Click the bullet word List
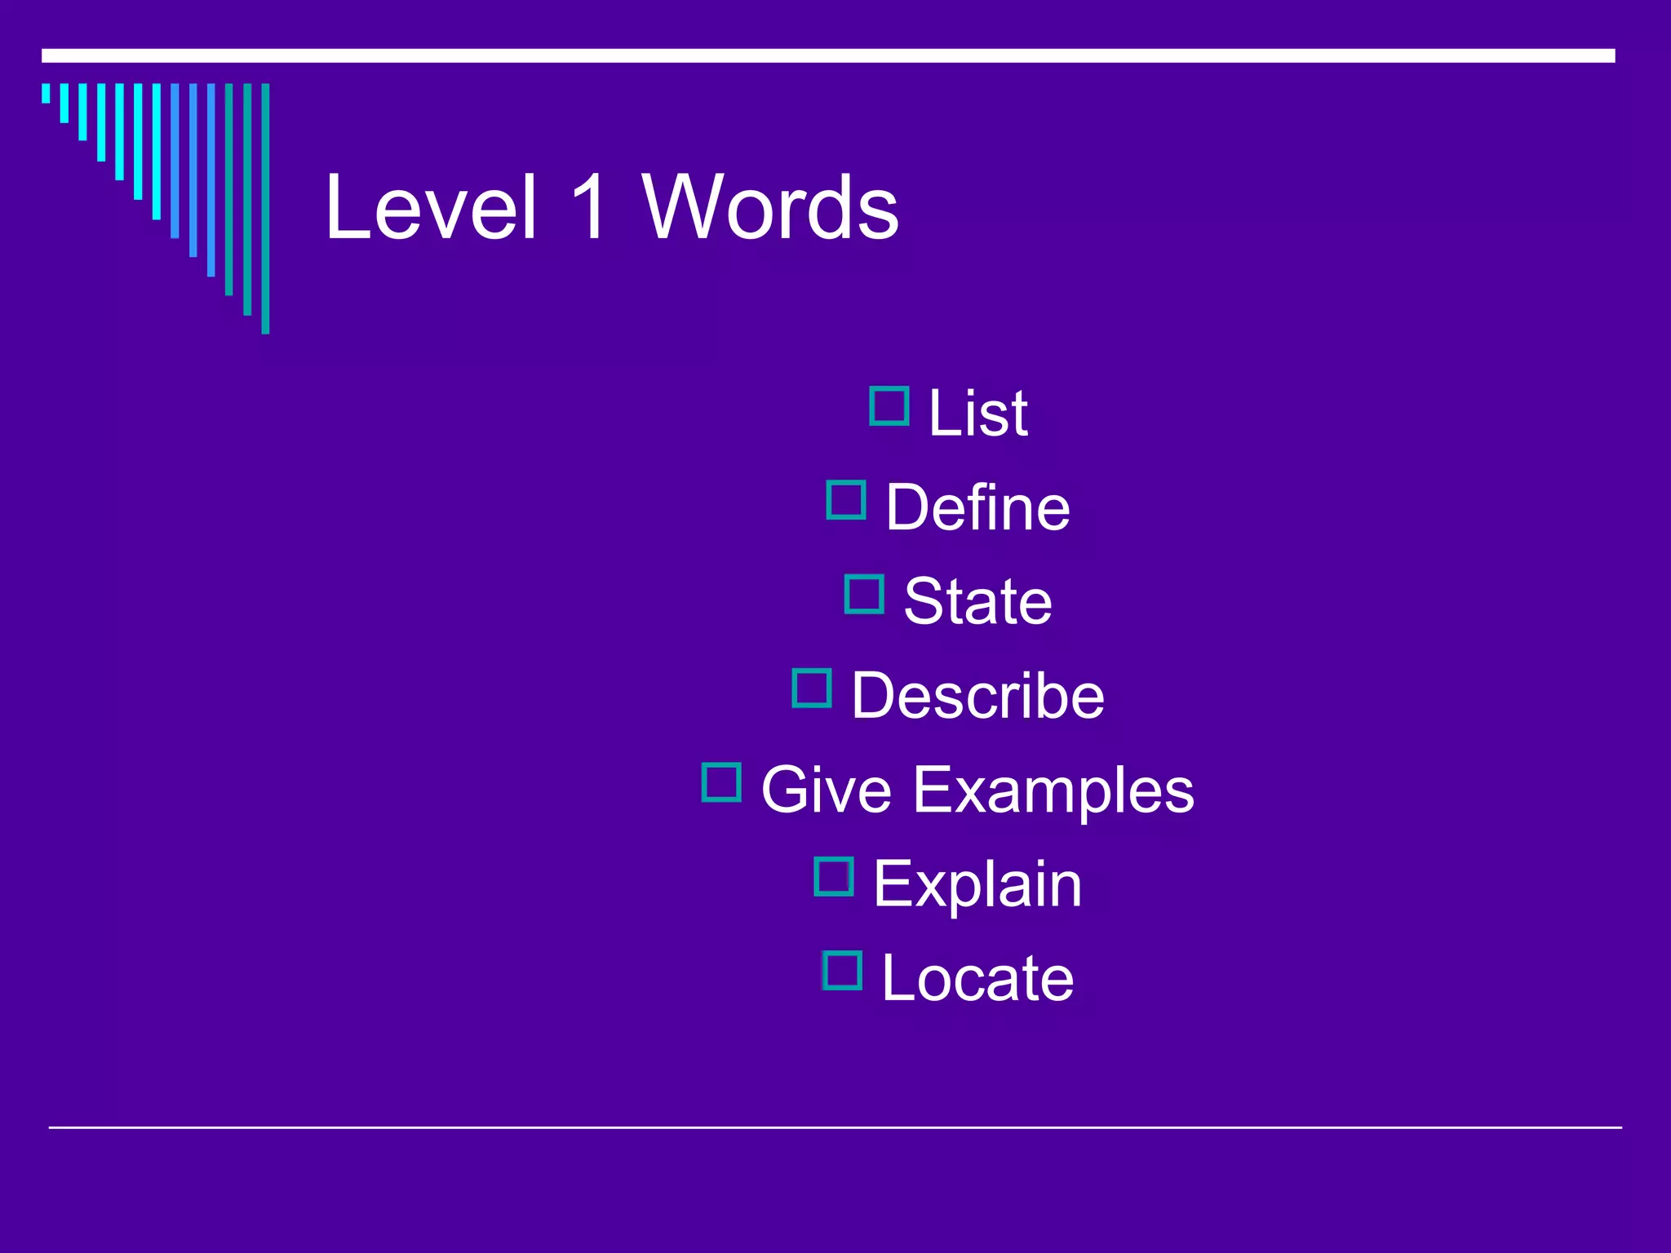pyautogui.click(x=977, y=413)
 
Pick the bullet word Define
pyautogui.click(x=977, y=507)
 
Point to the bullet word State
pyautogui.click(x=977, y=601)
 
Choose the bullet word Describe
pyautogui.click(x=977, y=695)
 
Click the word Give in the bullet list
pyautogui.click(x=826, y=790)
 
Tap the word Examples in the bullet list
pyautogui.click(x=1053, y=790)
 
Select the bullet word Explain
pyautogui.click(x=977, y=883)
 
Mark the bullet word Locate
pyautogui.click(x=977, y=977)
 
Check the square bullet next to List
pyautogui.click(x=889, y=406)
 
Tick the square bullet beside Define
pyautogui.click(x=846, y=500)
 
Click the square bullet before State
pyautogui.click(x=864, y=594)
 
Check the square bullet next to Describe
pyautogui.click(x=812, y=688)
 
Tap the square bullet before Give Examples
pyautogui.click(x=721, y=782)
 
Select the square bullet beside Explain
pyautogui.click(x=834, y=877)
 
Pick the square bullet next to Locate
pyautogui.click(x=842, y=971)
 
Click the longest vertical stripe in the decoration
pyautogui.click(x=265, y=208)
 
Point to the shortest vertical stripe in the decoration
pyautogui.click(x=46, y=93)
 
